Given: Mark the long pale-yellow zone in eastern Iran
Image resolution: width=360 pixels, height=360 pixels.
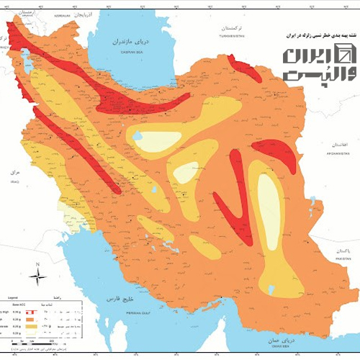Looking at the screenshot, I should (x=270, y=209).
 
